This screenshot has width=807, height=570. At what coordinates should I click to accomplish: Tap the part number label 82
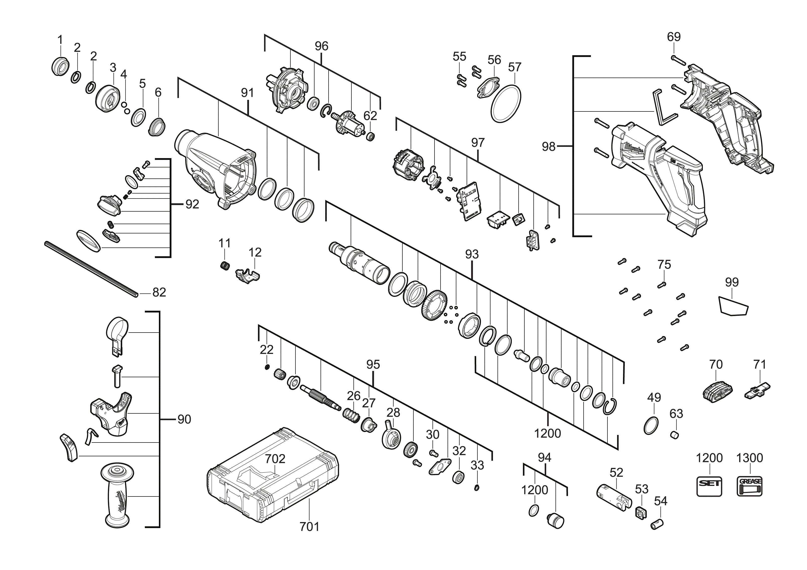159,292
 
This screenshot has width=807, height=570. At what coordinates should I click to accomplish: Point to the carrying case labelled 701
272,471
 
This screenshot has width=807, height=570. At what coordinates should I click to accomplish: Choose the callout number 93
472,254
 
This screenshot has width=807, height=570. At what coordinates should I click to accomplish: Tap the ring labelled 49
651,426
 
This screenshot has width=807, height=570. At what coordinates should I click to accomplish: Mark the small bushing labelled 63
674,435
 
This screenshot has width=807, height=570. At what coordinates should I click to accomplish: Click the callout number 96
321,46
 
